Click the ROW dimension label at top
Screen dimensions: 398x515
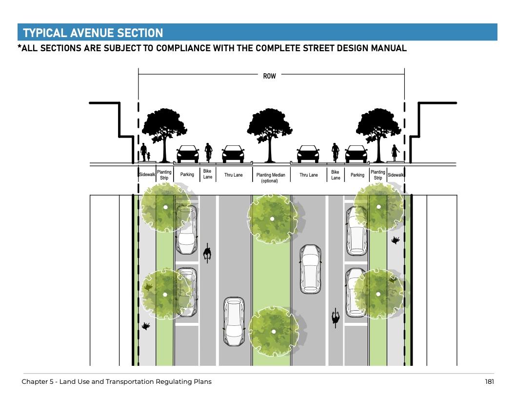[269, 76]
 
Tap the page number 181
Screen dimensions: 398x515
[489, 381]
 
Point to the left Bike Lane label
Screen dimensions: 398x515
[207, 175]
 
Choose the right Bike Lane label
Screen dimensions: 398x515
[336, 175]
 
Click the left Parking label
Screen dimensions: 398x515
[187, 175]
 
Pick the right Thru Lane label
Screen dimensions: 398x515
[308, 175]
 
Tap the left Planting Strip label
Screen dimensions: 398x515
[164, 175]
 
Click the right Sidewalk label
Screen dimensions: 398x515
[396, 175]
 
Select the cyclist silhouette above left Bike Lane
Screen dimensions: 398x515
[208, 152]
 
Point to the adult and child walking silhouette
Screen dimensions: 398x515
[145, 153]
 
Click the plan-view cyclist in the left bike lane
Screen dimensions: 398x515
[207, 253]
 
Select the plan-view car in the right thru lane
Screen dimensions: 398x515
[310, 268]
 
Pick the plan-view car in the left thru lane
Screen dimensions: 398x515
[233, 321]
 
